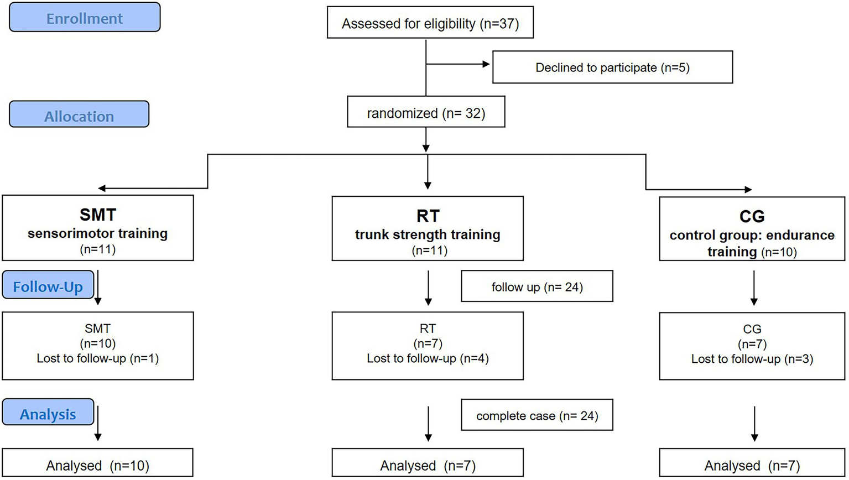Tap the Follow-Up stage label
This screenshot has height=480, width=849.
[x=48, y=286]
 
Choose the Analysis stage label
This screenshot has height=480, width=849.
[x=48, y=414]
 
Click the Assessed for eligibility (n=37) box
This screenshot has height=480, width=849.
[x=430, y=23]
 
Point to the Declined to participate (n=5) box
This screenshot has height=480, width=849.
[x=612, y=67]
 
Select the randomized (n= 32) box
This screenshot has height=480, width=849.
[x=425, y=113]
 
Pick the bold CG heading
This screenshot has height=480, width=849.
[x=752, y=216]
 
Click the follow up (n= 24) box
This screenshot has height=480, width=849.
[x=537, y=286]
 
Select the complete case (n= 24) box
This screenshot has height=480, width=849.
[x=537, y=415]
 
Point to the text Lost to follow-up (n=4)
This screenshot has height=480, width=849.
[x=428, y=358]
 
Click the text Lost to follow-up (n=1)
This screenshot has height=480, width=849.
[x=97, y=358]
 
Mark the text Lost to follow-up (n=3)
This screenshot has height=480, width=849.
[x=752, y=359]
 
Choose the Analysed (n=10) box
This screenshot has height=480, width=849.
[x=97, y=465]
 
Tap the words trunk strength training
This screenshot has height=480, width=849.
[x=428, y=234]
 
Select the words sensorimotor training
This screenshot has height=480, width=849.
[x=97, y=233]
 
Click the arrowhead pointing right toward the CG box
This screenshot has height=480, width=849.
[x=747, y=190]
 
